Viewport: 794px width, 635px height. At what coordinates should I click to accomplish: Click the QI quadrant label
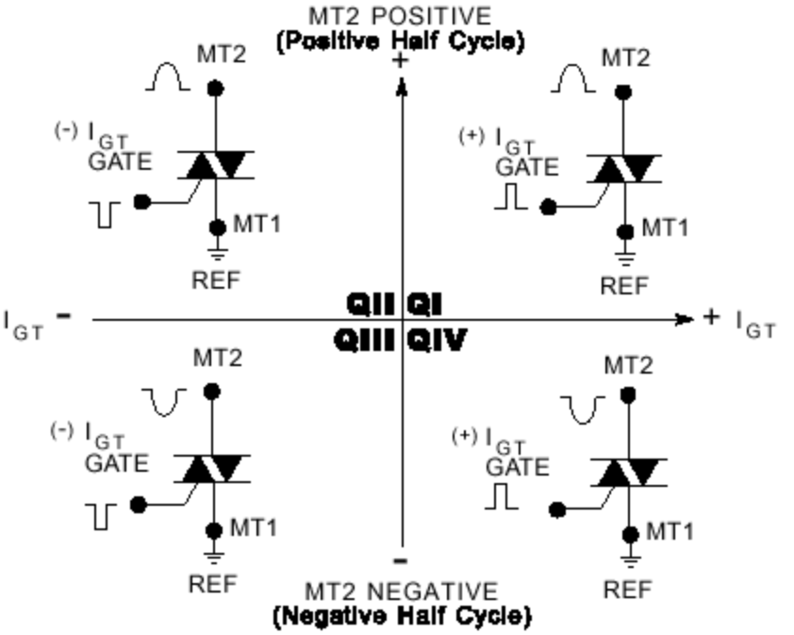424,304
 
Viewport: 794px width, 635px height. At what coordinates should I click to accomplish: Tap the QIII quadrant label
365,340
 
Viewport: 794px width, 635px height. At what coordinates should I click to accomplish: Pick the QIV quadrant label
437,340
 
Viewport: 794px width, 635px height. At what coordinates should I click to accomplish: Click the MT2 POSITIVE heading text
400,16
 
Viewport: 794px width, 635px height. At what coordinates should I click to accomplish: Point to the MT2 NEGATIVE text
401,592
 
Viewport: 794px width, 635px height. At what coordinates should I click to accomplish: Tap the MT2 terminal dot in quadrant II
216,89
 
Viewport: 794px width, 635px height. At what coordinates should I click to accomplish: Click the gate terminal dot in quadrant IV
557,510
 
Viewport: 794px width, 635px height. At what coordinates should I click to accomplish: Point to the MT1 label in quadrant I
665,227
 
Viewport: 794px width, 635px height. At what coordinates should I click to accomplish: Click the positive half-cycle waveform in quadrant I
573,79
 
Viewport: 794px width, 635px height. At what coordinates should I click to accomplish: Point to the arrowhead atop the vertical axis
403,88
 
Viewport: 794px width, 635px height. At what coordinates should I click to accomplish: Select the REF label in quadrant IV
628,590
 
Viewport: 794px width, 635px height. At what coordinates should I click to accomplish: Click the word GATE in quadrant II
120,160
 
